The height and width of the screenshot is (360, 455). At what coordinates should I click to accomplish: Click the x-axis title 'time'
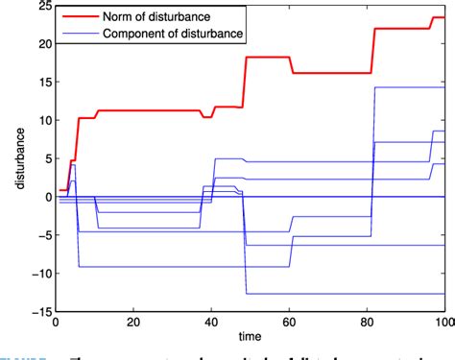(x=246, y=340)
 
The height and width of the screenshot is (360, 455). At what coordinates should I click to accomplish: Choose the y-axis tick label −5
(x=39, y=235)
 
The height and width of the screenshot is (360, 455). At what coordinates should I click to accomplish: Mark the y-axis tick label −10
(x=36, y=274)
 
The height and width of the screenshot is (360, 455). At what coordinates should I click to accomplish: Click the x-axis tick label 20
(x=132, y=324)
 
